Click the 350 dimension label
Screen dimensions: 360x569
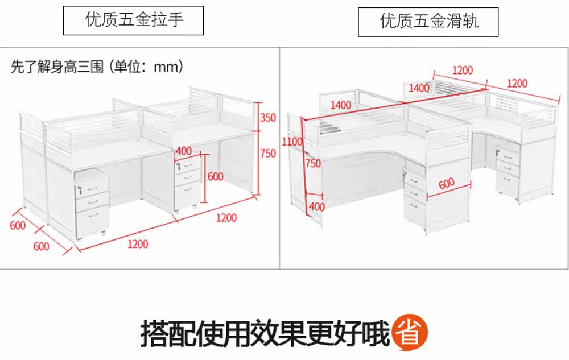268,118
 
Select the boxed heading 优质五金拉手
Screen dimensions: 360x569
134,21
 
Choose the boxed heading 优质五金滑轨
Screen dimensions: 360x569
428,22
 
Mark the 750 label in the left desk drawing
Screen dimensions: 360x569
268,153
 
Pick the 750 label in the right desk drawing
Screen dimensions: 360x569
313,163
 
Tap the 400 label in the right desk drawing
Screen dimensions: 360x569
316,207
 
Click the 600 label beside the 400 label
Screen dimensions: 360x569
215,177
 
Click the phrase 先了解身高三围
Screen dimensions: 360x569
57,67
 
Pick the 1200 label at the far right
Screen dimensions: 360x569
517,83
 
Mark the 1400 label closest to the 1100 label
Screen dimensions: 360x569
340,105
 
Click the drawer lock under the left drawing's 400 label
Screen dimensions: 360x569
180,167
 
